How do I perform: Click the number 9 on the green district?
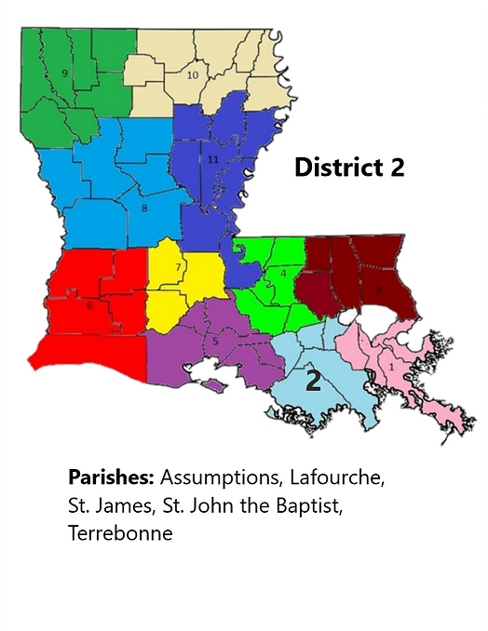pos(64,73)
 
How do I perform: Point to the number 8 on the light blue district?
pos(144,208)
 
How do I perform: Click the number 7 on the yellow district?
pos(178,268)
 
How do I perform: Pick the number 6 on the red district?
pos(89,305)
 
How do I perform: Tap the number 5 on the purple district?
pos(215,342)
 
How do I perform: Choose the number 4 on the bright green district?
pos(282,273)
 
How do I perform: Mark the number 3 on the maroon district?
pos(379,290)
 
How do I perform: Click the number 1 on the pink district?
pos(391,367)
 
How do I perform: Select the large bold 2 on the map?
pos(314,380)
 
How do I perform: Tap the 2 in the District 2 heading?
pos(398,168)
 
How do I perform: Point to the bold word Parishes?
pos(112,477)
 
